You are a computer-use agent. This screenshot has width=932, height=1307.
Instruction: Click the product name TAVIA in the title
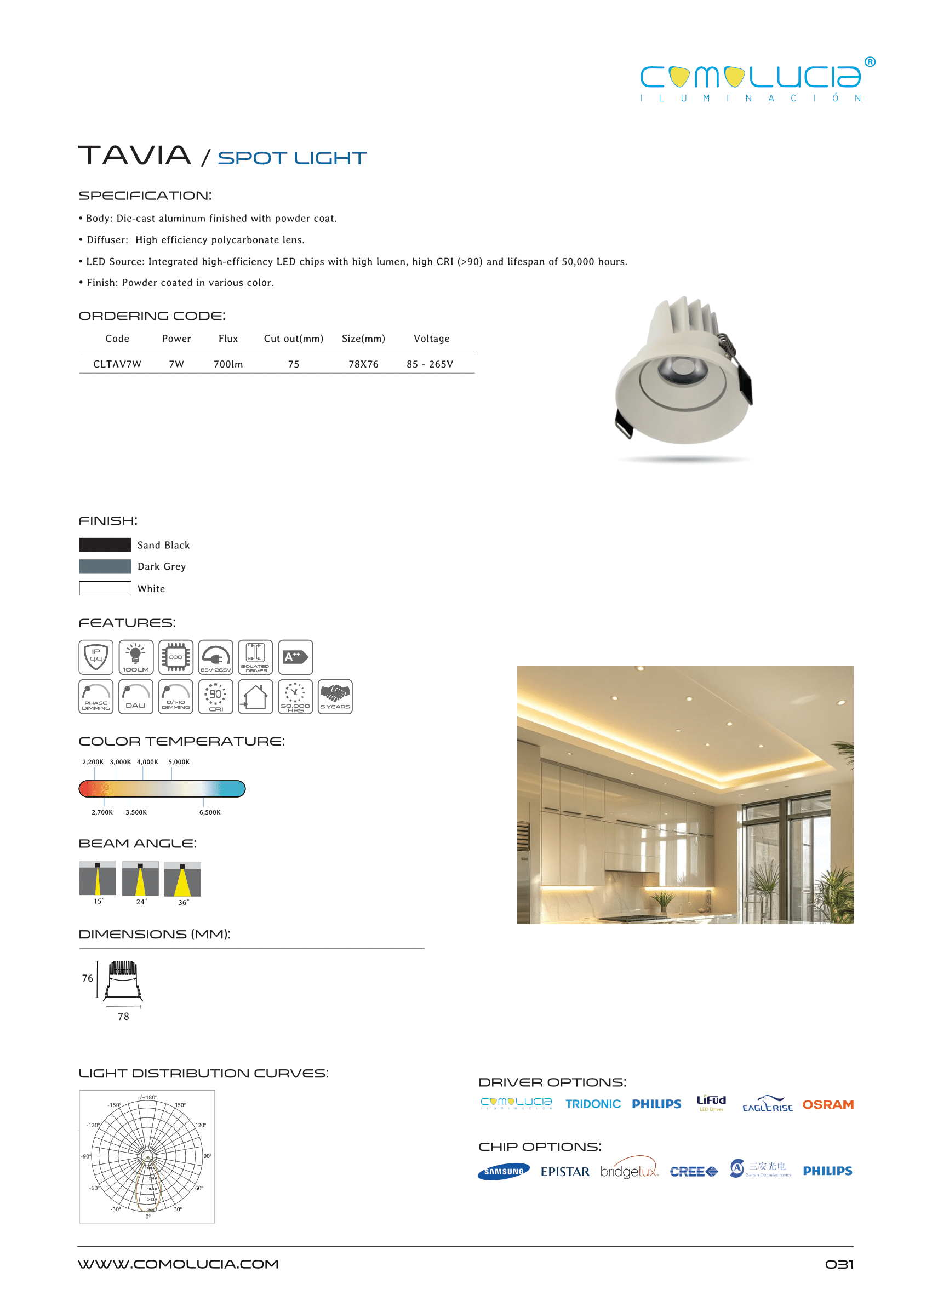click(134, 156)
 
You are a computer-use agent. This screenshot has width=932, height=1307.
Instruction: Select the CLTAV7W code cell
click(117, 364)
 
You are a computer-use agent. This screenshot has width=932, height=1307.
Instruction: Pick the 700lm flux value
click(228, 364)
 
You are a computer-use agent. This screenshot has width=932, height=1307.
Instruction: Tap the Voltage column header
click(431, 339)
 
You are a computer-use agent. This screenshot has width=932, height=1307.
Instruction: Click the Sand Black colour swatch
click(105, 544)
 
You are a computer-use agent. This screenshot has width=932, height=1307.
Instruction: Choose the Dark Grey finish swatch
click(105, 566)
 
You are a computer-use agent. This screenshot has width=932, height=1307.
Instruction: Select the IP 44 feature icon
click(96, 657)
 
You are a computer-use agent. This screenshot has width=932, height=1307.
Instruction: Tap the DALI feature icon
click(135, 697)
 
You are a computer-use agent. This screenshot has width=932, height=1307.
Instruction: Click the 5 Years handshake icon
click(335, 697)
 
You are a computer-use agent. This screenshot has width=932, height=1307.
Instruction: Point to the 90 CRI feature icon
click(216, 697)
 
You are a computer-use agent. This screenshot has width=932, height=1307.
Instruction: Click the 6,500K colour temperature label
click(209, 812)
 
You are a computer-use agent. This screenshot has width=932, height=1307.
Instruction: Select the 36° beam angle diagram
click(182, 879)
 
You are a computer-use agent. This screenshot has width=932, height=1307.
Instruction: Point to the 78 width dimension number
click(123, 1016)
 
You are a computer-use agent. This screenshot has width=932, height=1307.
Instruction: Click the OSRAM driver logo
click(827, 1104)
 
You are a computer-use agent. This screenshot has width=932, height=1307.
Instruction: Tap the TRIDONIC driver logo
click(593, 1104)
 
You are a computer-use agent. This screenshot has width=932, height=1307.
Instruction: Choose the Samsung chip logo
click(504, 1172)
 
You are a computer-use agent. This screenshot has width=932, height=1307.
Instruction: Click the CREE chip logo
click(693, 1172)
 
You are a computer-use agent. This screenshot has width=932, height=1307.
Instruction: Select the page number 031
click(839, 1264)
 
